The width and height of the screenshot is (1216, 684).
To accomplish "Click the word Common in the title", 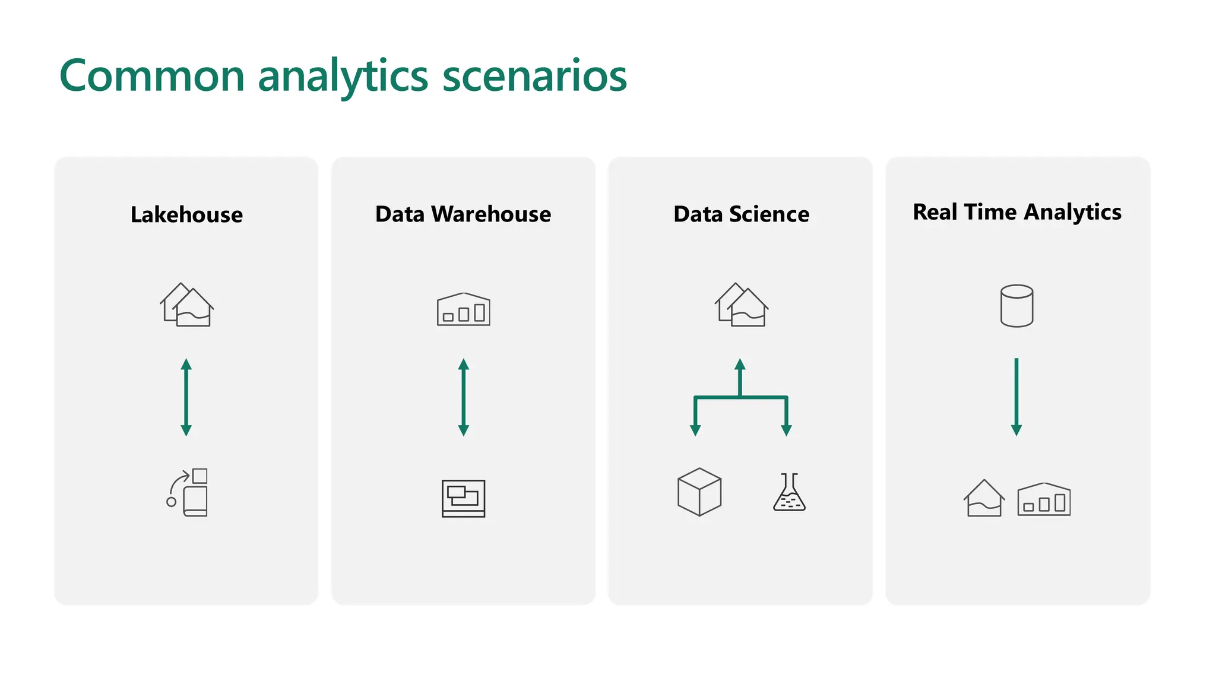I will coord(152,76).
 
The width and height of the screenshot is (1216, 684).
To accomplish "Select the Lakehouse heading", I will coord(186,214).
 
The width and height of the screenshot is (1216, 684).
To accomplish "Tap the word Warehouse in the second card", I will coord(491,214).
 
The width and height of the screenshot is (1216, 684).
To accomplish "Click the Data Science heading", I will coord(741,214).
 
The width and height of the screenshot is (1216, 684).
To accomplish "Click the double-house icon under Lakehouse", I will coord(186,305).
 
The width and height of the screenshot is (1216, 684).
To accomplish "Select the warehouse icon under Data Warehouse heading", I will coord(463,309).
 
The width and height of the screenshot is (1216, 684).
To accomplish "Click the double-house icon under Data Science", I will coord(741,305).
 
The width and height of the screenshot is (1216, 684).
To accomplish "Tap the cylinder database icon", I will coord(1016,306).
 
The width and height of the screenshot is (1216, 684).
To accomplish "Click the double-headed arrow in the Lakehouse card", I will coord(186,397).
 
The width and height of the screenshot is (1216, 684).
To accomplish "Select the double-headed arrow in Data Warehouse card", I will coord(464,397).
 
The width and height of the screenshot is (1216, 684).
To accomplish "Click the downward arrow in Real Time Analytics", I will coord(1016,397).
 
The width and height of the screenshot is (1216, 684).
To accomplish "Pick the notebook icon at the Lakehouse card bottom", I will coord(189,493).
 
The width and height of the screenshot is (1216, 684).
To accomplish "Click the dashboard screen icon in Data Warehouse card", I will coord(463,498).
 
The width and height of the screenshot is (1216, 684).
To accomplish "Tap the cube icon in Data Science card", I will coord(699,492).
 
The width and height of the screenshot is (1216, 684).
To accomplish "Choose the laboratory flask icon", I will coord(789,493).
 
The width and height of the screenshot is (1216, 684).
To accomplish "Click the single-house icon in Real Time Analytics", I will coord(984,498).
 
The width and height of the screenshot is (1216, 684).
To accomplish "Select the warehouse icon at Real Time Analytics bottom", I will coord(1044,499).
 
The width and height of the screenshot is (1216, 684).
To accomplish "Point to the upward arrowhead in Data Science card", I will coord(740,365).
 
